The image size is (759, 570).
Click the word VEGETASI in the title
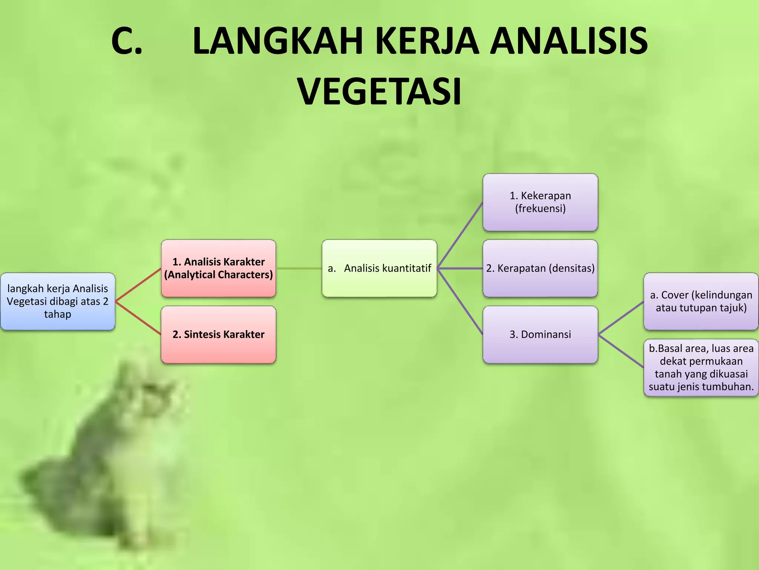tap(379, 91)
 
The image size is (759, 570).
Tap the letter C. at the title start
tap(127, 41)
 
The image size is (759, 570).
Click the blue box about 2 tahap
tap(58, 301)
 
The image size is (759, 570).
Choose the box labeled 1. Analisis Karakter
tap(219, 268)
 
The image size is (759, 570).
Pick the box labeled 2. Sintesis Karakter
tap(219, 334)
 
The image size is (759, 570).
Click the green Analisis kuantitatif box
tap(379, 268)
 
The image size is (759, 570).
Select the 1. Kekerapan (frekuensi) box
tap(540, 202)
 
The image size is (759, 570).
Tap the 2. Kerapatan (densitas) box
tap(540, 268)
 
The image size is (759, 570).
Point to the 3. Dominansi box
tap(540, 334)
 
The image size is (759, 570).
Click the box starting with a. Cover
tap(701, 301)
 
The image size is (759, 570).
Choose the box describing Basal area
tap(701, 367)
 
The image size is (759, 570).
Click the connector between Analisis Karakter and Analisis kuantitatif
tap(299, 268)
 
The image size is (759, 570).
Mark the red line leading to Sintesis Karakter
tap(138, 318)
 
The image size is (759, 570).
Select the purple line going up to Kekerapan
tap(460, 235)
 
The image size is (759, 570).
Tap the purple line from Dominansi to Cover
tap(621, 318)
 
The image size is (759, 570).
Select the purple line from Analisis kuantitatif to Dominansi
tap(460, 301)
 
